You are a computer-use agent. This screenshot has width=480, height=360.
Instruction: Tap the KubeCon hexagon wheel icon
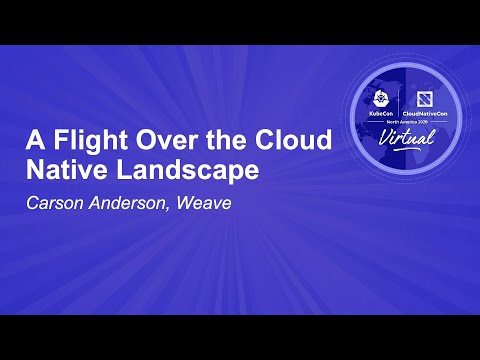tap(382, 98)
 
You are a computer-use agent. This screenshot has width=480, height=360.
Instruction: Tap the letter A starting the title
tap(33, 141)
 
